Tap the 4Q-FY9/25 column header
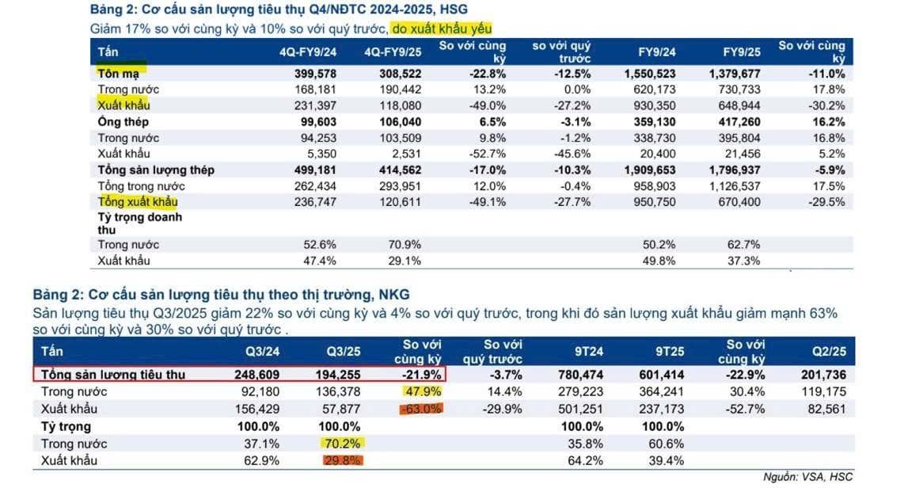click(x=393, y=52)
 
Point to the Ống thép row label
click(x=123, y=122)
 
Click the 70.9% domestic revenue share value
click(x=399, y=245)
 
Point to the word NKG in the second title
click(x=394, y=295)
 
